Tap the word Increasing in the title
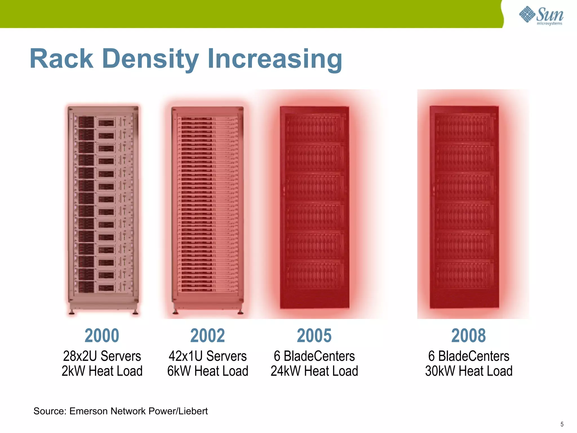pyautogui.click(x=275, y=59)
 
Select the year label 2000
pyautogui.click(x=102, y=335)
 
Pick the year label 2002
pyautogui.click(x=208, y=335)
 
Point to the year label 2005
pyautogui.click(x=314, y=335)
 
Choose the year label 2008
pyautogui.click(x=469, y=335)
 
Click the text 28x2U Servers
pyautogui.click(x=102, y=356)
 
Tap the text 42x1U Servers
pyautogui.click(x=208, y=356)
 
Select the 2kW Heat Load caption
pyautogui.click(x=102, y=371)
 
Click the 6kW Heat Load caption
pyautogui.click(x=208, y=371)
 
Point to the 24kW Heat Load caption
pyautogui.click(x=314, y=371)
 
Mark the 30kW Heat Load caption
pyautogui.click(x=469, y=371)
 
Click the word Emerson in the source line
pyautogui.click(x=89, y=411)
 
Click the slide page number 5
pyautogui.click(x=562, y=424)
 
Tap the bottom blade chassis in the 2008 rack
pyautogui.click(x=463, y=275)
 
